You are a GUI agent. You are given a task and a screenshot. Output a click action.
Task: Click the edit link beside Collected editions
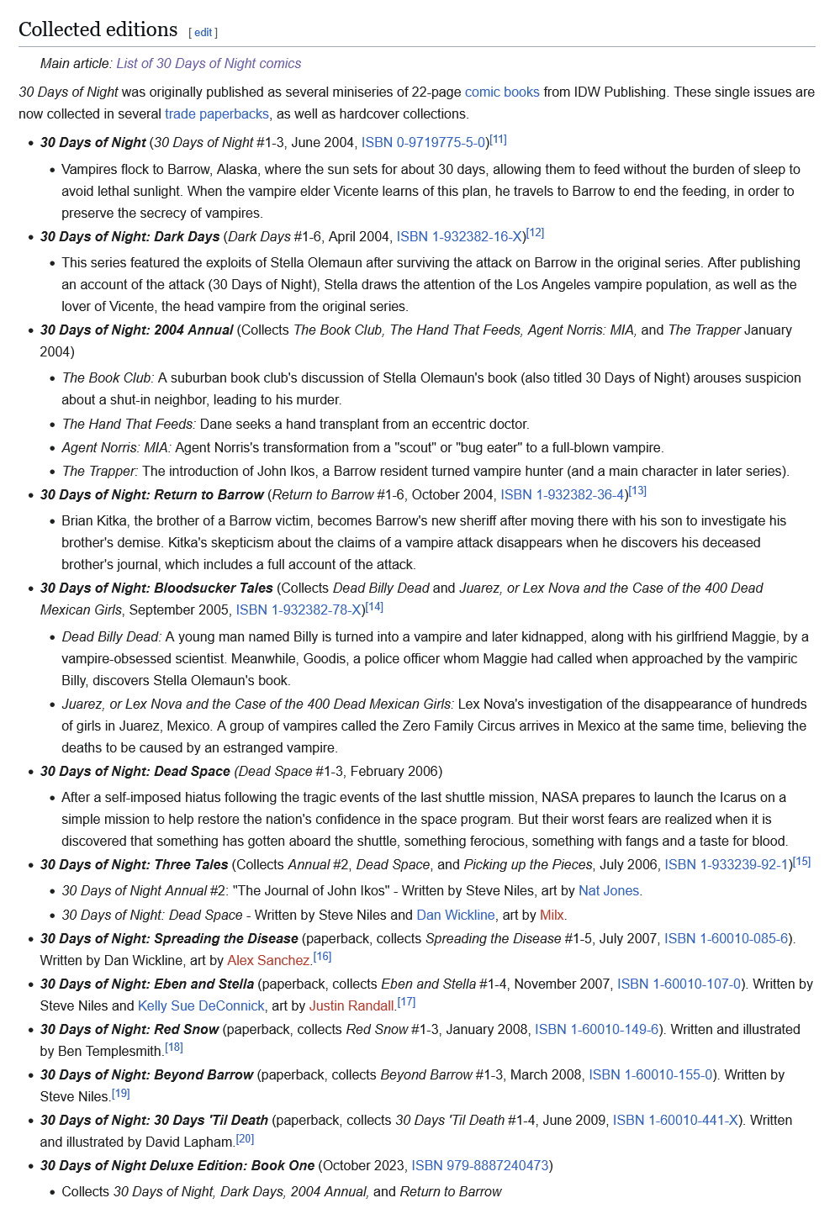(x=203, y=32)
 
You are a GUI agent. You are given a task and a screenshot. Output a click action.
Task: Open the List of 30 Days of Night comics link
(x=209, y=63)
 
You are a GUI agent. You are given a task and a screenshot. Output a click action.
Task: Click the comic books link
(x=502, y=92)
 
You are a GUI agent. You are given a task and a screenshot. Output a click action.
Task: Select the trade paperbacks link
(x=217, y=113)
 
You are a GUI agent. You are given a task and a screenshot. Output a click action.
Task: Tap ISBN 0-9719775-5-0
(x=424, y=142)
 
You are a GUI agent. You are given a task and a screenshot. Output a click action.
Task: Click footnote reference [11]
(x=499, y=140)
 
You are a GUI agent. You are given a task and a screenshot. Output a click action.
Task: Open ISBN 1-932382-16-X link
(x=461, y=236)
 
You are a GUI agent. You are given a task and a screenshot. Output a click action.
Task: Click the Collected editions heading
(x=98, y=29)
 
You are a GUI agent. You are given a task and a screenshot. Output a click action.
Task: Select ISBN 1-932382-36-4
(x=563, y=494)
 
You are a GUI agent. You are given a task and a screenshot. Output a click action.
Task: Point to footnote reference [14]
(x=375, y=606)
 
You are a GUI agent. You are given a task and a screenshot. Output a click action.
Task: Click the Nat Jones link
(x=609, y=890)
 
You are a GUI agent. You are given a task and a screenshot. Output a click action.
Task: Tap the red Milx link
(x=552, y=915)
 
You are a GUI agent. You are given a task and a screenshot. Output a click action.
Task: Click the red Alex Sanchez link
(x=268, y=960)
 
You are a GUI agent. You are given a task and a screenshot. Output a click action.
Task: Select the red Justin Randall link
(x=351, y=1005)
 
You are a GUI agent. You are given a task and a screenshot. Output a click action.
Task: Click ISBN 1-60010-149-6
(x=597, y=1029)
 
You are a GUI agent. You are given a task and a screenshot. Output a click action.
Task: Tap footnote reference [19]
(x=121, y=1094)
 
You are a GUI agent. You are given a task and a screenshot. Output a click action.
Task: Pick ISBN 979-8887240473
(x=480, y=1165)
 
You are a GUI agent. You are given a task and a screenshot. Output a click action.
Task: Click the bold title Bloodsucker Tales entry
(x=156, y=588)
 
